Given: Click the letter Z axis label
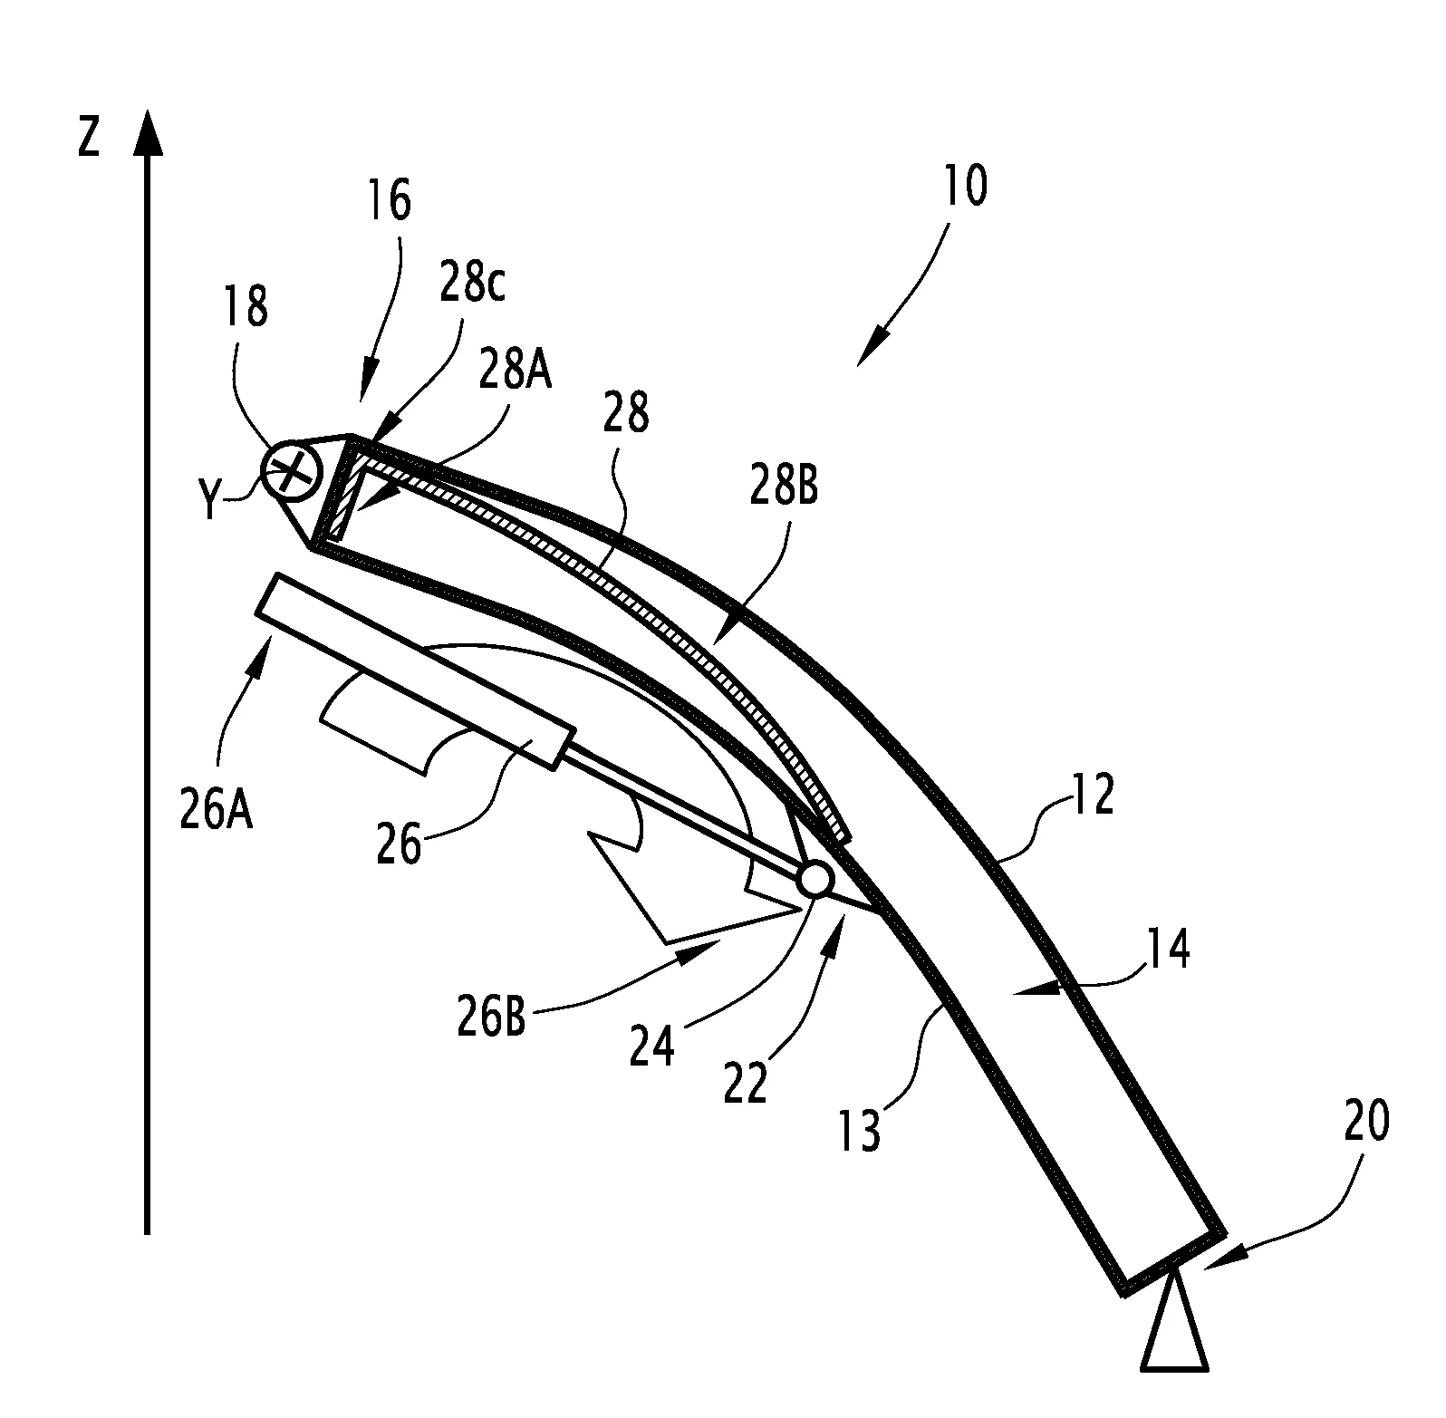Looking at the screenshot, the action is click(x=88, y=139).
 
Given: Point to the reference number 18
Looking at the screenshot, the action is click(x=246, y=306).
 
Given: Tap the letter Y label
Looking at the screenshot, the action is click(x=209, y=502).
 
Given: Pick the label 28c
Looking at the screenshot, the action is click(x=474, y=284).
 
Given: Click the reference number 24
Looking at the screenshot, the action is click(x=652, y=1047).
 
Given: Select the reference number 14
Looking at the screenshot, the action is click(x=1168, y=951).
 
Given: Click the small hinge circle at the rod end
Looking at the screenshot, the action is click(x=815, y=879).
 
